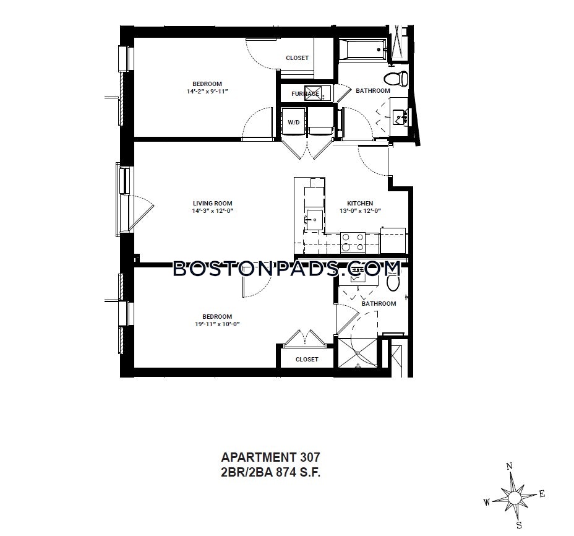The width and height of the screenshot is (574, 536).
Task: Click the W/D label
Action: (294, 123)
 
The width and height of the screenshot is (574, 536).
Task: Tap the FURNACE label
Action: (306, 94)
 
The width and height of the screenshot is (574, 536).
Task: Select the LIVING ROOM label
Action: (213, 204)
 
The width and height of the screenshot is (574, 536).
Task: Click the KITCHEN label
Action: (360, 204)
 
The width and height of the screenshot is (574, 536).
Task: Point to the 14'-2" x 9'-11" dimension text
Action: (207, 92)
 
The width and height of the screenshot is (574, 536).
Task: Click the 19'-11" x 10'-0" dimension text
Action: (217, 324)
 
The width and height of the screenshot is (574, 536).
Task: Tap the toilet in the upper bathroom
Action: (396, 79)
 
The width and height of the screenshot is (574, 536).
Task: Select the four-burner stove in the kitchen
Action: (353, 243)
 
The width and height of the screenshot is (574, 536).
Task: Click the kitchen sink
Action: (314, 220)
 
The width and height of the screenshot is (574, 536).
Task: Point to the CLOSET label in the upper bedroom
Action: (298, 58)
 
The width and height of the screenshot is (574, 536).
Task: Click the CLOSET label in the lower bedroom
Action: (307, 360)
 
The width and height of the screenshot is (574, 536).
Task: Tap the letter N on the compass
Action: (509, 467)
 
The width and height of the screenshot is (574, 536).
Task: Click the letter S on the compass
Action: (519, 525)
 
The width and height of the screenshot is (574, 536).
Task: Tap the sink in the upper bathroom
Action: (399, 117)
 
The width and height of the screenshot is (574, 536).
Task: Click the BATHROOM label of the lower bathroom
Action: (379, 304)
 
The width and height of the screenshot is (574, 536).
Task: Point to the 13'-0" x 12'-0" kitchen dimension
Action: (361, 211)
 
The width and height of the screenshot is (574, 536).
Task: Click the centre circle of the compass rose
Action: (514, 498)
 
